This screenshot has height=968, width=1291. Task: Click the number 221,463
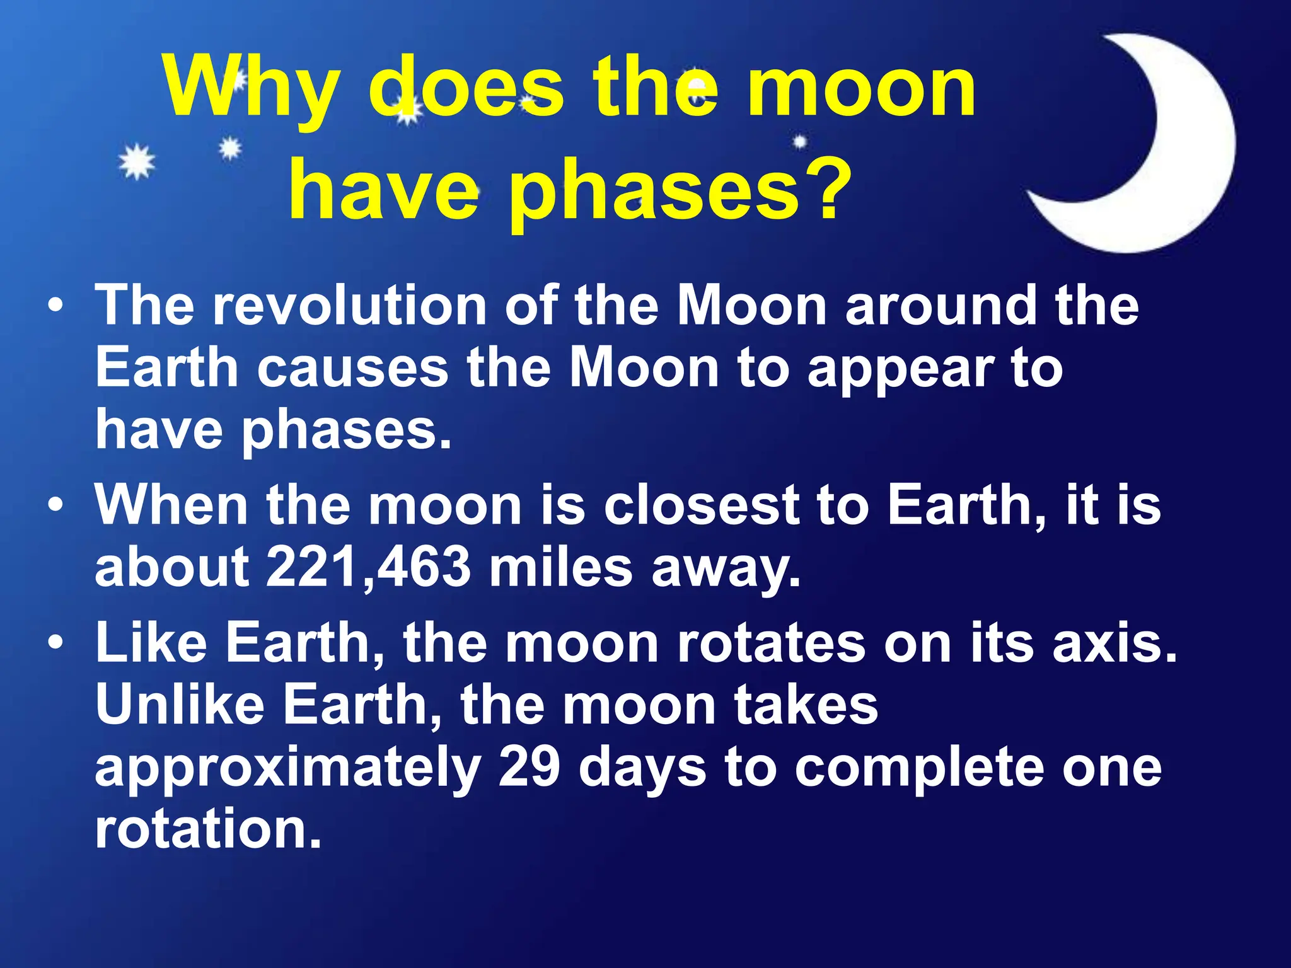pos(368,566)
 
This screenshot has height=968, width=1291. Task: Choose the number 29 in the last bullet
pos(529,767)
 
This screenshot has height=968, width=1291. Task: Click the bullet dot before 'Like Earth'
pos(56,643)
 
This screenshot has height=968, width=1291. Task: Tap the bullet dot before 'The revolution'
pos(56,306)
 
